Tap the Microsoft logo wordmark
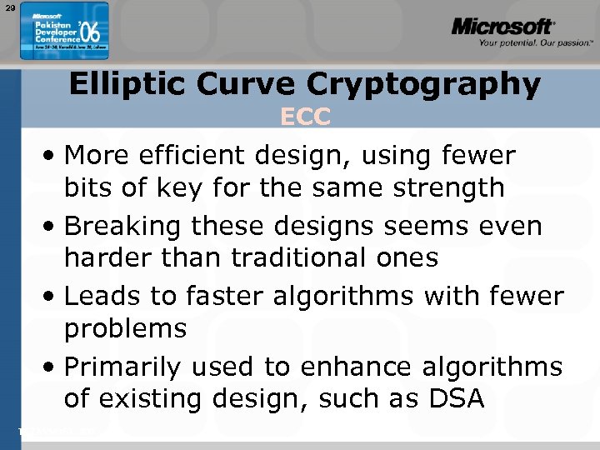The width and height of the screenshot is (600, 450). (502, 27)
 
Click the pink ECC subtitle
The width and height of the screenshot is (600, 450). (305, 117)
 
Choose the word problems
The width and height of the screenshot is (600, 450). (126, 329)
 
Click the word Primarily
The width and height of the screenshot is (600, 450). (124, 367)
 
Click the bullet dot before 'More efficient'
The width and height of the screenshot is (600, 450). (52, 156)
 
